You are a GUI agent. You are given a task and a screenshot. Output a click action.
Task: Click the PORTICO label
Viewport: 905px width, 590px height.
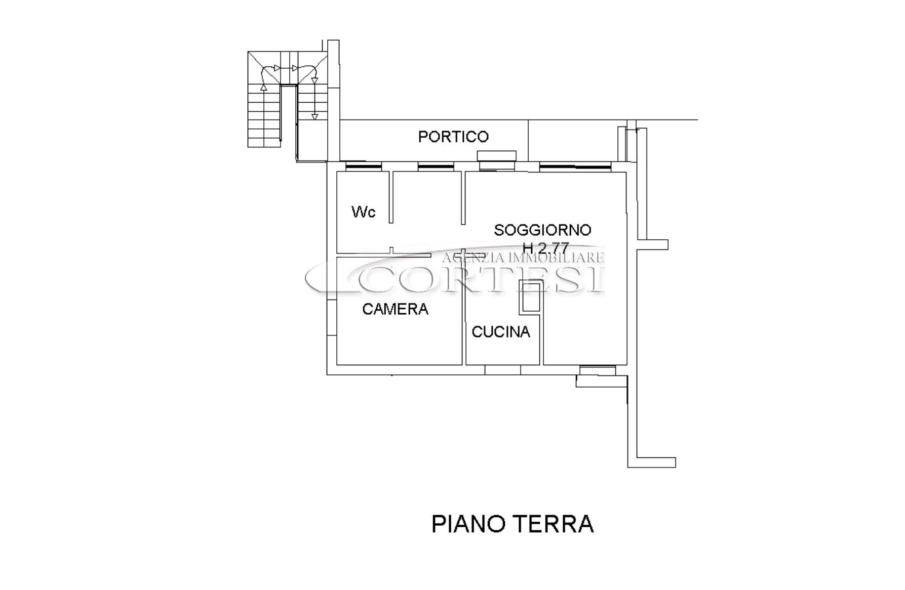[x=453, y=137]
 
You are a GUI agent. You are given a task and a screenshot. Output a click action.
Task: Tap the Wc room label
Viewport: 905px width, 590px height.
[x=364, y=212]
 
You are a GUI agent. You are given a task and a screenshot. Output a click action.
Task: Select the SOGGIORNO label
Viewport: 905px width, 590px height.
[x=542, y=230]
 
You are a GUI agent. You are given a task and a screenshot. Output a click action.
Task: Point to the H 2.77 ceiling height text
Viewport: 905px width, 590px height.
[x=546, y=248]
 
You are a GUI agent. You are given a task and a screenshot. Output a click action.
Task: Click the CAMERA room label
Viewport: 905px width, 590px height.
[x=395, y=309]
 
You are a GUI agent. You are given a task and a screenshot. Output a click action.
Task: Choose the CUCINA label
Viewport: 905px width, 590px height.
[x=501, y=332]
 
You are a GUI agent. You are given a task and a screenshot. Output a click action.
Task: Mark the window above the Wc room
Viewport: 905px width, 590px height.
[x=363, y=165]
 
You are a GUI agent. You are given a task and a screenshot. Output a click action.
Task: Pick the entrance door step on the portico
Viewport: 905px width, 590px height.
[x=497, y=155]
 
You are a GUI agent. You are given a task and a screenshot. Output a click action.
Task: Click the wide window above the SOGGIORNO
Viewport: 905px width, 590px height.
[x=575, y=165]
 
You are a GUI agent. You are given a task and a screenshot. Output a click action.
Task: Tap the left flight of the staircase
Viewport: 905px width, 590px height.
[x=264, y=116]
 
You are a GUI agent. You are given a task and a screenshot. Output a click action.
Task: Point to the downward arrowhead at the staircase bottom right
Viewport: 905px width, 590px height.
[x=314, y=117]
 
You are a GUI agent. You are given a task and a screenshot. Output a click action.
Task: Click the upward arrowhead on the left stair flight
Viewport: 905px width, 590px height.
[x=263, y=88]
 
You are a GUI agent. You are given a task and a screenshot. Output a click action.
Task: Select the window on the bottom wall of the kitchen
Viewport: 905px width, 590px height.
[x=502, y=370]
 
